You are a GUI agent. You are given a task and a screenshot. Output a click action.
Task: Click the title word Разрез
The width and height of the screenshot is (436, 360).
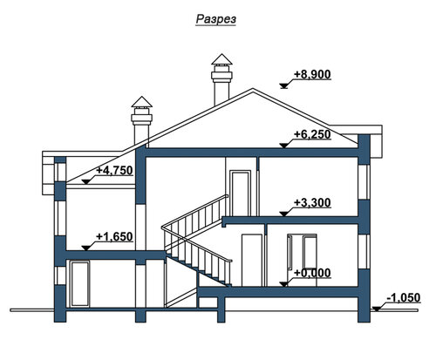coord(215,19)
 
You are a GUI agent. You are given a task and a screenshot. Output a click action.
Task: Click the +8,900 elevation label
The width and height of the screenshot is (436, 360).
coord(312,74)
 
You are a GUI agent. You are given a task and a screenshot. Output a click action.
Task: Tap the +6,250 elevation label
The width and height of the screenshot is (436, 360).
coord(312,134)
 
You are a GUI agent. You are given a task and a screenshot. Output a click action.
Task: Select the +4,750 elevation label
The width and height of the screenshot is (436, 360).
coord(114,170)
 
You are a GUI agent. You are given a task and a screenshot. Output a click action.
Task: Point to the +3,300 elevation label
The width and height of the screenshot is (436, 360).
coord(312,202)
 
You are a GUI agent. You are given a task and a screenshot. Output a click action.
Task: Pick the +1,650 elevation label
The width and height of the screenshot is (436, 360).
coord(114,237)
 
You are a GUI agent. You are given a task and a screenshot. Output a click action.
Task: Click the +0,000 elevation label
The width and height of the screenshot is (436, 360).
coord(312,273)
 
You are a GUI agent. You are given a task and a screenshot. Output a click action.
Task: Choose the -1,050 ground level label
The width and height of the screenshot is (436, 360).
coord(404,298)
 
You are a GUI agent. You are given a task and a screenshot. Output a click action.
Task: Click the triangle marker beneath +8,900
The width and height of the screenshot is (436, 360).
coord(283,85)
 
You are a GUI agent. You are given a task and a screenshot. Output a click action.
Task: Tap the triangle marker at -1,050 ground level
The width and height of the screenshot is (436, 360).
coord(377,309)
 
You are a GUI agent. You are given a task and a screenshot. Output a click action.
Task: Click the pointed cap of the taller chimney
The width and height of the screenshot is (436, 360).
coord(221,58)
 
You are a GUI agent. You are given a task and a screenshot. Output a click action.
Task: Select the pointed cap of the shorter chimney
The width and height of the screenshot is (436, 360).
coord(141,101)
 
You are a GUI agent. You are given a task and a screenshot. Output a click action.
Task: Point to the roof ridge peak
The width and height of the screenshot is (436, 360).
coord(253,89)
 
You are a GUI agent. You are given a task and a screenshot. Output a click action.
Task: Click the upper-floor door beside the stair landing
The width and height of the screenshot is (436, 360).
coord(240,194)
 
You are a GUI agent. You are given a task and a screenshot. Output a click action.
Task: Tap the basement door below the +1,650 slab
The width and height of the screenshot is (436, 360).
coord(80,283)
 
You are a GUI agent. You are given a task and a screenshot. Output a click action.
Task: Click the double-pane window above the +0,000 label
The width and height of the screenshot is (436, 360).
coord(302,251)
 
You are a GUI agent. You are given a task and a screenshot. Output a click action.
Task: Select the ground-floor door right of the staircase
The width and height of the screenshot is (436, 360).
coord(252,261)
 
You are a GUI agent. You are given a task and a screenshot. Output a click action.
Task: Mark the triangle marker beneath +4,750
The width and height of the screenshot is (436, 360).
coord(85,182)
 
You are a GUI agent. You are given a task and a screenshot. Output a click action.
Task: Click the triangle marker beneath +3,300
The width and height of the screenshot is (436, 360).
coord(283,214)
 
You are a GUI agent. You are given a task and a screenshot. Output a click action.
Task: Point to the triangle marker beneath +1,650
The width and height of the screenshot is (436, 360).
coord(85,248)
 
